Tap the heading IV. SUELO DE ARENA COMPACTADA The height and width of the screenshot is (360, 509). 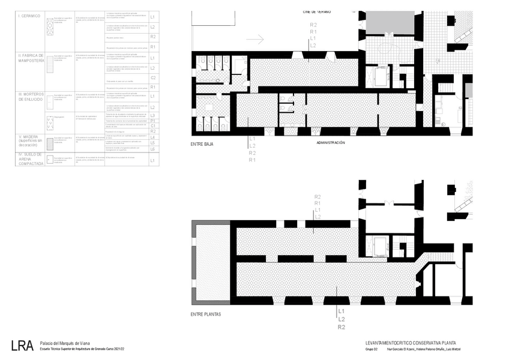[x=31, y=162]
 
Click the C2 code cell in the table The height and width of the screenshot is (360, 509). [x=153, y=78]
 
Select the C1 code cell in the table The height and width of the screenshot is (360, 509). [x=153, y=126]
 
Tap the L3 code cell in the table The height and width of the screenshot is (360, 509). [x=153, y=115]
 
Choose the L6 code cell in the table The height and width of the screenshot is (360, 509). [x=153, y=149]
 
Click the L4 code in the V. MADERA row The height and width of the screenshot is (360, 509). [x=153, y=137]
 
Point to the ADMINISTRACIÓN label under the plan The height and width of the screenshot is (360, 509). [x=330, y=143]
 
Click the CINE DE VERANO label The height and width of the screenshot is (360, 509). [x=317, y=11]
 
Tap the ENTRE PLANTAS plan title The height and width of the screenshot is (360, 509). [x=206, y=314]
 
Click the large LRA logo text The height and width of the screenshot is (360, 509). [x=22, y=345]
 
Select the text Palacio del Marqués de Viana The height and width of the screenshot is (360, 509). [x=64, y=342]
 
